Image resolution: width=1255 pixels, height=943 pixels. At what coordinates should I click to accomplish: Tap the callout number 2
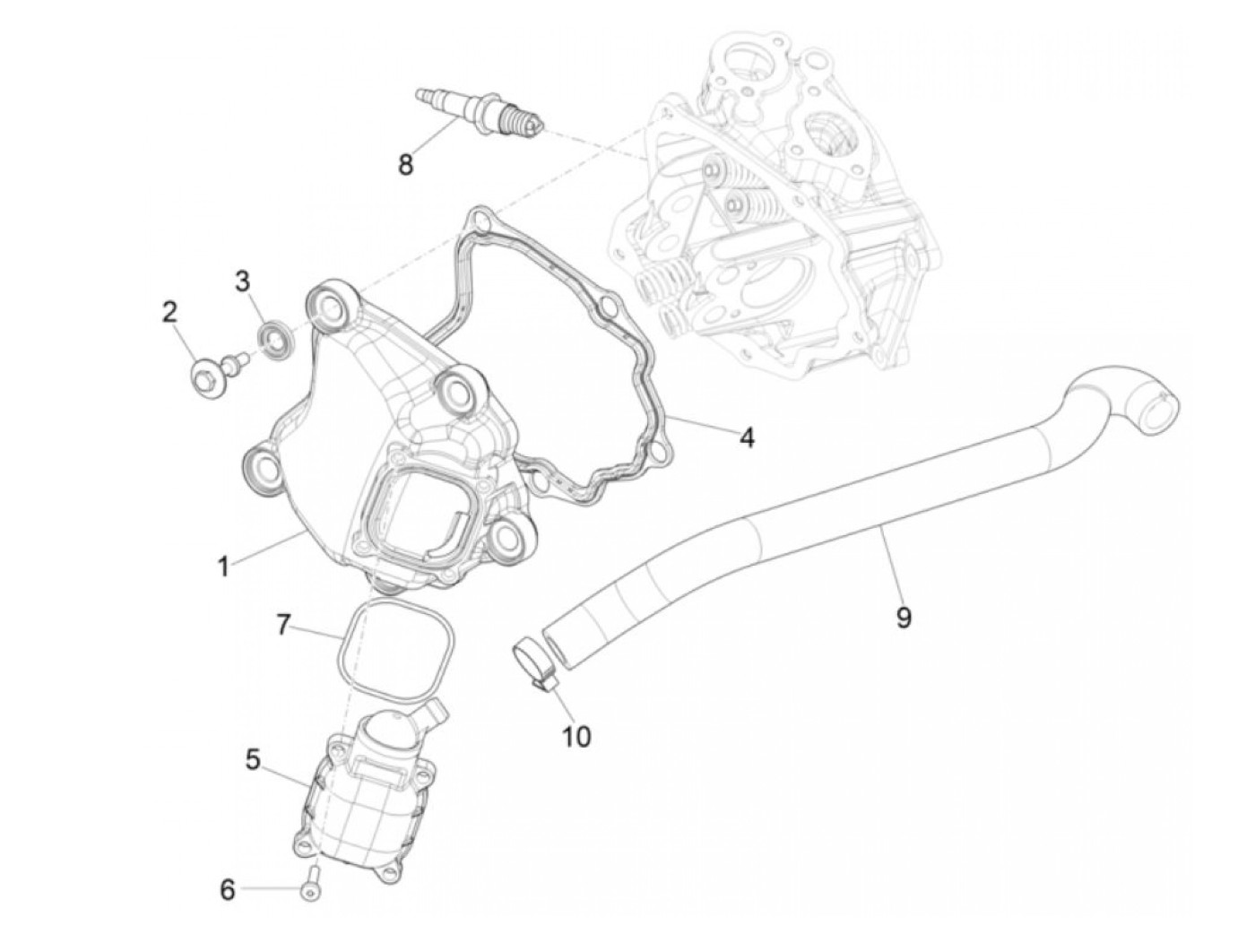169,312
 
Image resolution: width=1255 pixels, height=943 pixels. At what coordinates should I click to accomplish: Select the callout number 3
242,281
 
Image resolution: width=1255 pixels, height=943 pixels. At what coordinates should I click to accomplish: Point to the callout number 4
747,437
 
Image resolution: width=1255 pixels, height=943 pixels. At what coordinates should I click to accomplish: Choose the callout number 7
283,625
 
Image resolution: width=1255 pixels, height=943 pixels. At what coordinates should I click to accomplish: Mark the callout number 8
406,165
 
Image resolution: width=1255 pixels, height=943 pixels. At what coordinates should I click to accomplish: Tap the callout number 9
904,617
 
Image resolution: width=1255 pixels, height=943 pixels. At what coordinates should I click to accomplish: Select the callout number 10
576,736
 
